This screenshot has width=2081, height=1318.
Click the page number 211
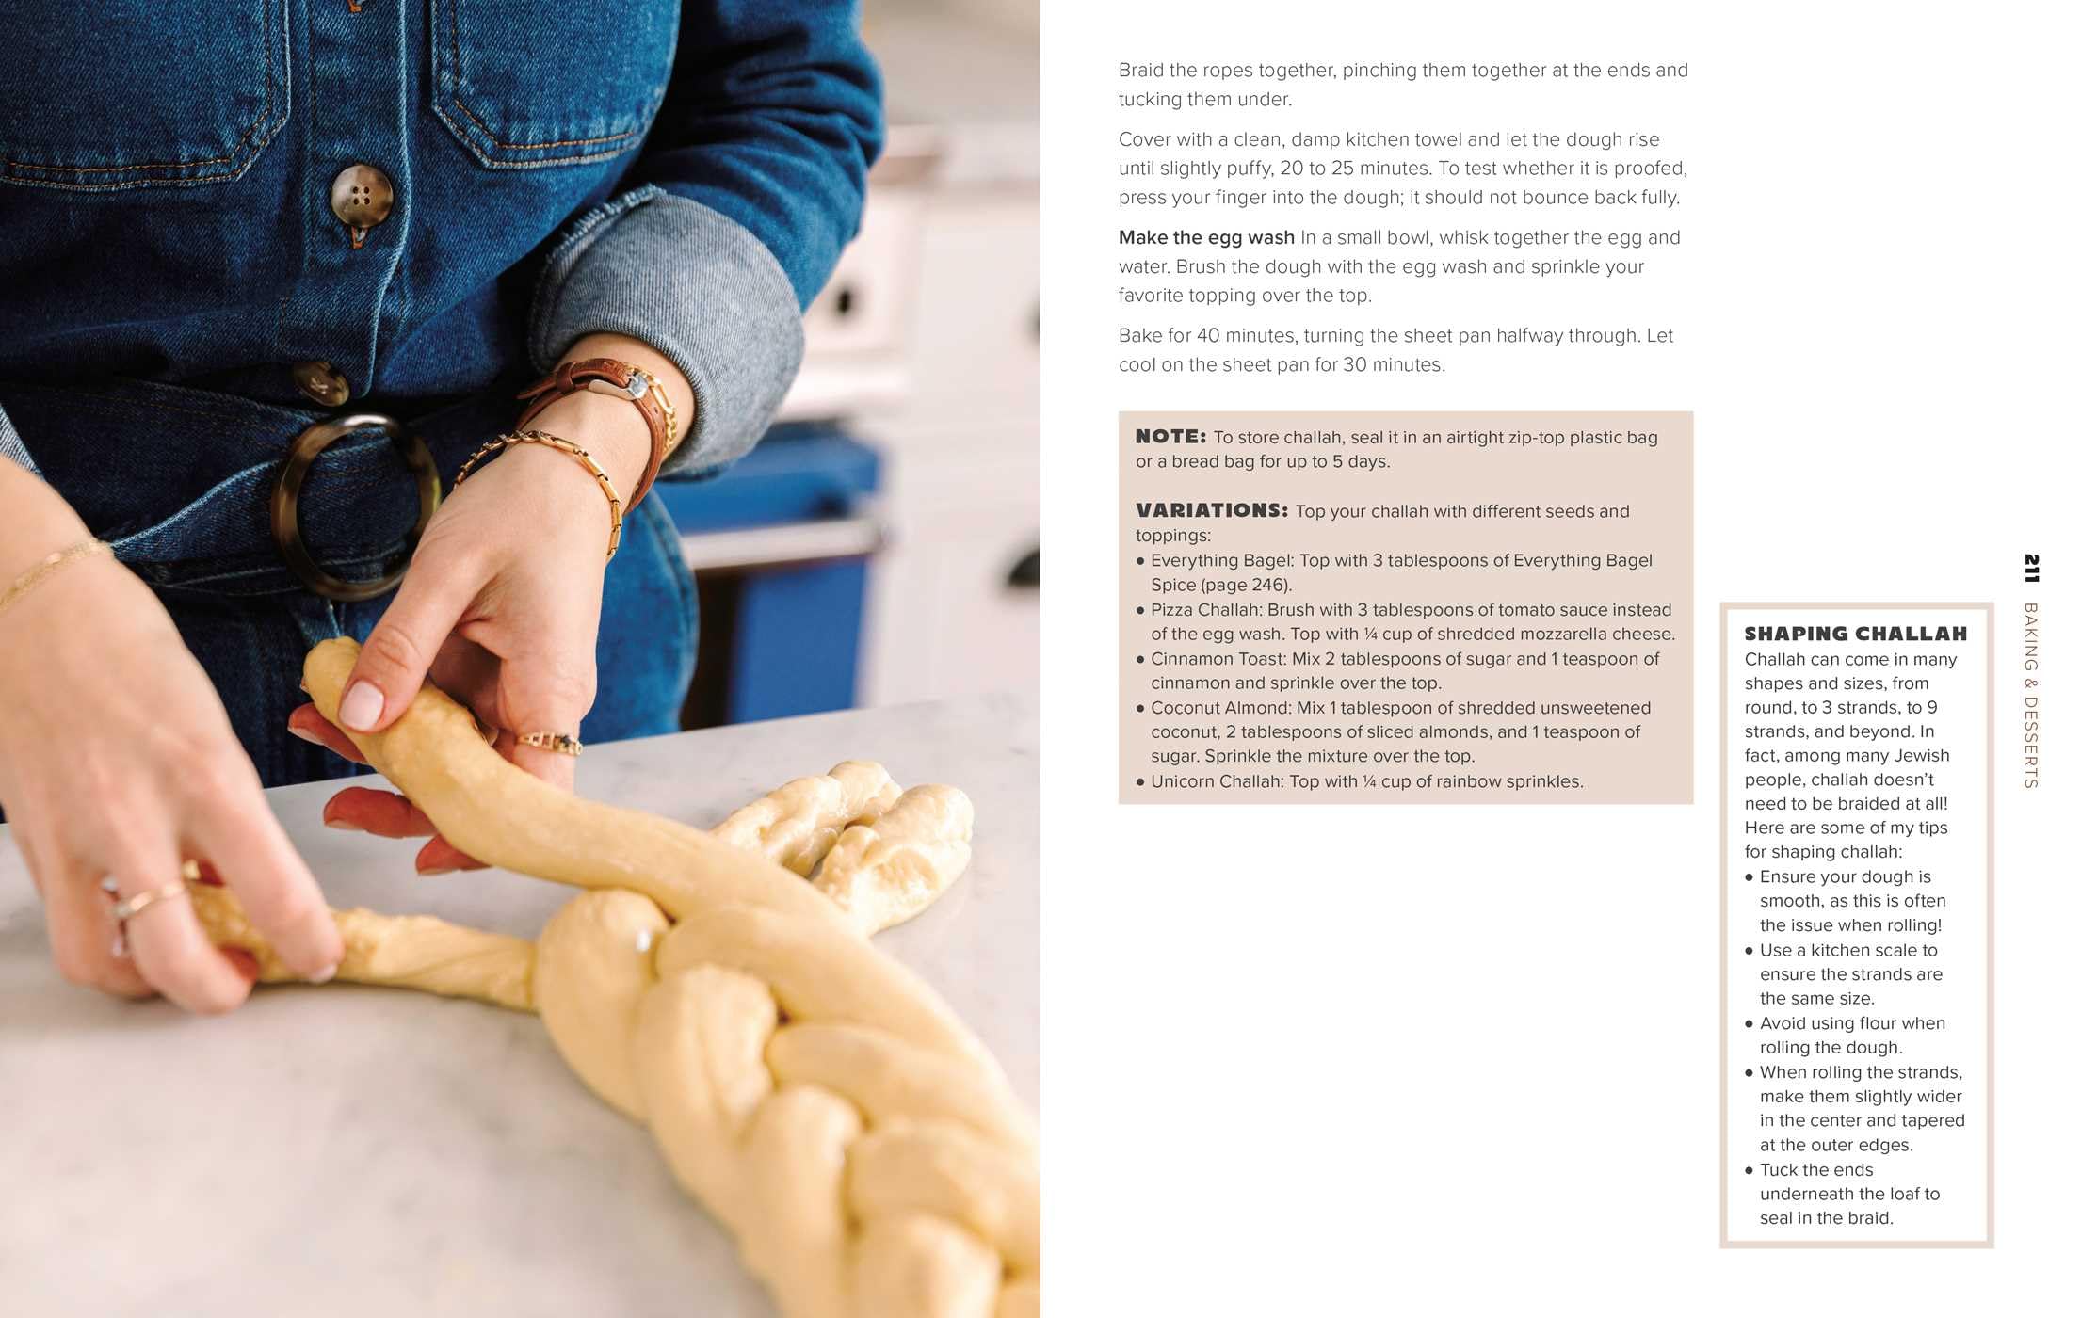click(x=2031, y=568)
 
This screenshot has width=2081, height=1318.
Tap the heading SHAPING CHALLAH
click(x=1855, y=634)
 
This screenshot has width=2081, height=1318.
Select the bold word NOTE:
click(x=1170, y=436)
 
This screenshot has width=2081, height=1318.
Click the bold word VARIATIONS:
click(x=1212, y=510)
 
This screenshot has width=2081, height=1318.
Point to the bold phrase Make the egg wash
click(x=1206, y=237)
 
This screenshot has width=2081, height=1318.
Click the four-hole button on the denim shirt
click(x=361, y=196)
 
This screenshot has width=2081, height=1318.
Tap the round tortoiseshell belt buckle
click(x=354, y=506)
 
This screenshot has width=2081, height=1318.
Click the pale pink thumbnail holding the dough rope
click(x=362, y=704)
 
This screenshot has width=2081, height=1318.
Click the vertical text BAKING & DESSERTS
click(x=2031, y=695)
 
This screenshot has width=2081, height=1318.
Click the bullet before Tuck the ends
click(x=1750, y=1170)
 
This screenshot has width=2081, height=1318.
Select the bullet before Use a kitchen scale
click(x=1750, y=951)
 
